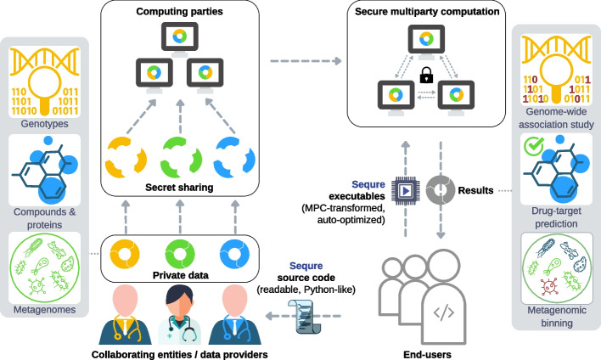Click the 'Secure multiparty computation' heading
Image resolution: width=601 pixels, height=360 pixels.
[x=427, y=14]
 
